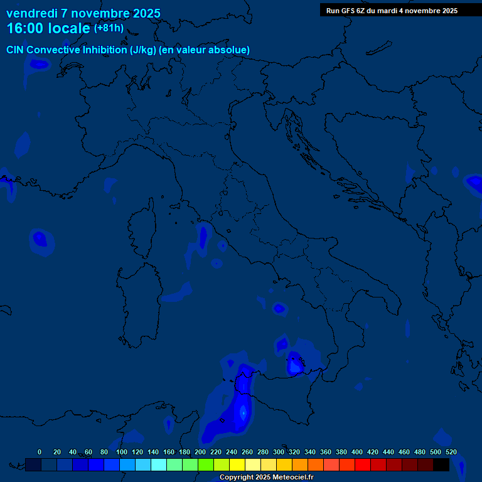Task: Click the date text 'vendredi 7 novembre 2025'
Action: tap(83, 13)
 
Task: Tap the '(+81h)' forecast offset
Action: tap(109, 28)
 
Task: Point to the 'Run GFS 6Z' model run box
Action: tap(392, 11)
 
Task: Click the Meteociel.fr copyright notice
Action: tap(266, 477)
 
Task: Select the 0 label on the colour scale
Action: tap(40, 452)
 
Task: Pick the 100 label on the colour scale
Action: tap(122, 452)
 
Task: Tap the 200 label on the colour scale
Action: tap(200, 452)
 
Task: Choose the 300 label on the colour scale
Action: tap(279, 452)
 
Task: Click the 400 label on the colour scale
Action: tap(357, 452)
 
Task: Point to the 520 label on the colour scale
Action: tap(451, 452)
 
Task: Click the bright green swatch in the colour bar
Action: tap(206, 464)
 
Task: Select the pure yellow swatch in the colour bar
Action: tap(237, 464)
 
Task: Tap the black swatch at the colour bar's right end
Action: tap(441, 464)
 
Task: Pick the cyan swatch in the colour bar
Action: tap(159, 464)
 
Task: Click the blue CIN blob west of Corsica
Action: tap(40, 239)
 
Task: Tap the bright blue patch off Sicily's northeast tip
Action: tap(294, 363)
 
